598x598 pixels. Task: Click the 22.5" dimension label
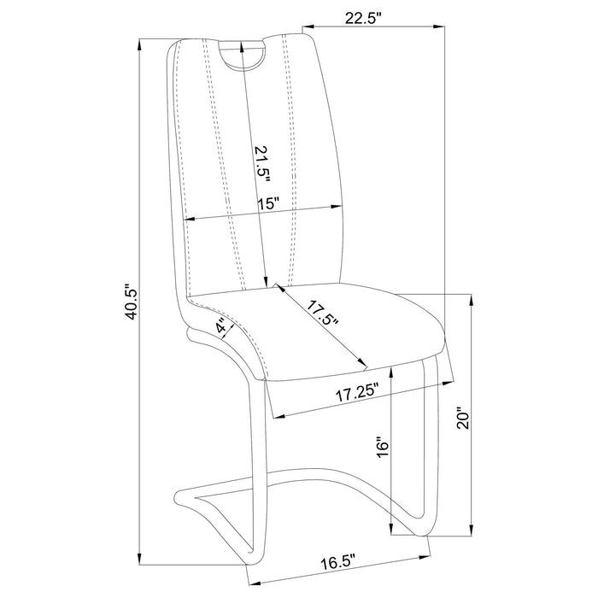[363, 18]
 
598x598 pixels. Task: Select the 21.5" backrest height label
[262, 164]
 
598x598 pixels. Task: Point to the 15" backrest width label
[268, 203]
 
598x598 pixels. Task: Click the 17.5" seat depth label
[323, 314]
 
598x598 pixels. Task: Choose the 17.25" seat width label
[357, 395]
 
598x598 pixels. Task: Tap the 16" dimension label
[382, 448]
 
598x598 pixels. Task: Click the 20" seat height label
[464, 420]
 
